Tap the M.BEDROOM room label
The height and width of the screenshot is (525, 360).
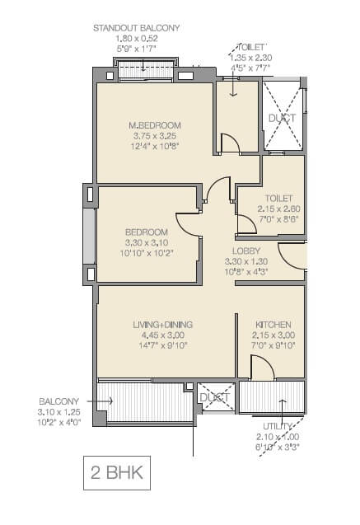154,125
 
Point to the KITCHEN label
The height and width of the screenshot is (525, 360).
271,325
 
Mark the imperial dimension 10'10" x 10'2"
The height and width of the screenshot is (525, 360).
147,254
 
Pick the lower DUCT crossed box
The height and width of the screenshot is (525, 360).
214,397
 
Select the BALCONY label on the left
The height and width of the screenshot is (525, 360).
57,401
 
